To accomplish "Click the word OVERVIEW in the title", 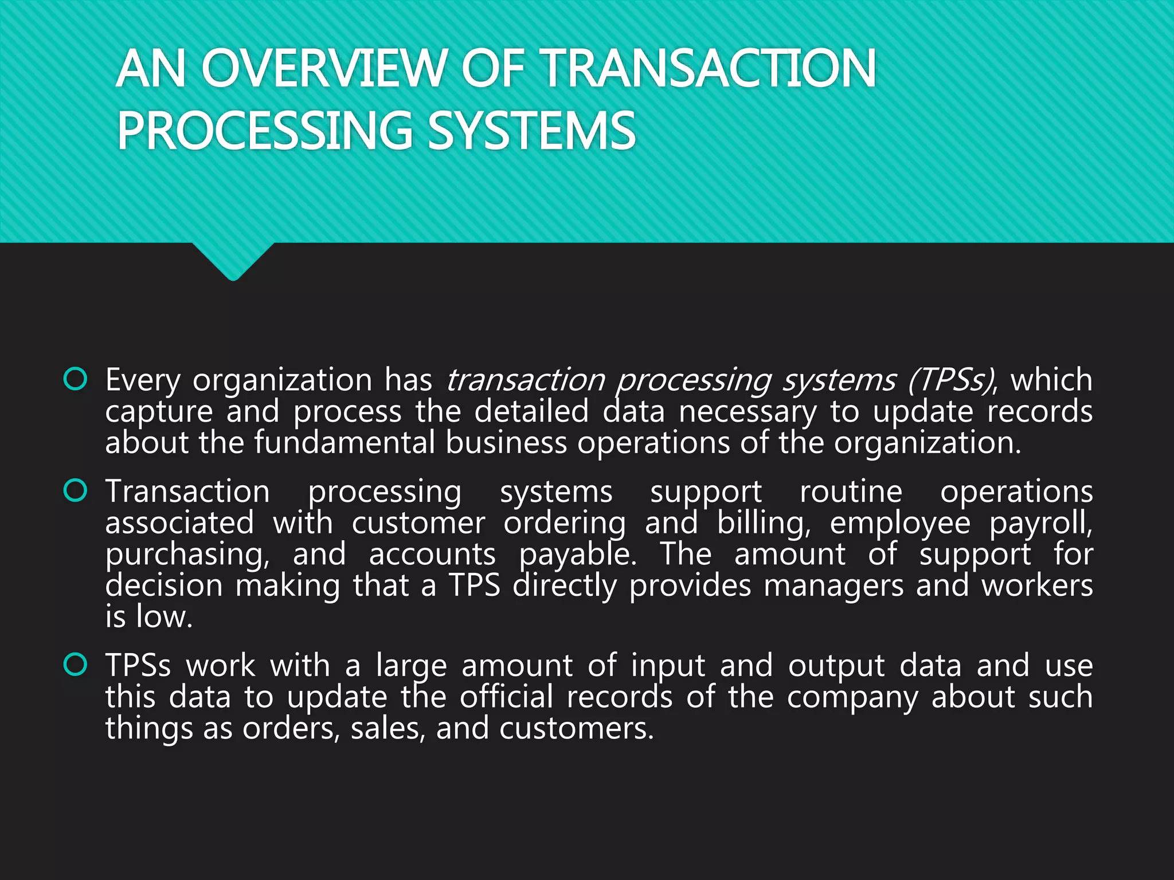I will click(323, 69).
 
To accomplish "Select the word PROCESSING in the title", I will click(264, 131).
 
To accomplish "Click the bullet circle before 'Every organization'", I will click(76, 379).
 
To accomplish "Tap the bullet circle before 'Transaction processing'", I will click(76, 491).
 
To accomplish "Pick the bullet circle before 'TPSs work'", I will click(76, 665).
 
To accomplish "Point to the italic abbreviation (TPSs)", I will click(951, 380).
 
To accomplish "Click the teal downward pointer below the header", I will click(233, 261).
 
